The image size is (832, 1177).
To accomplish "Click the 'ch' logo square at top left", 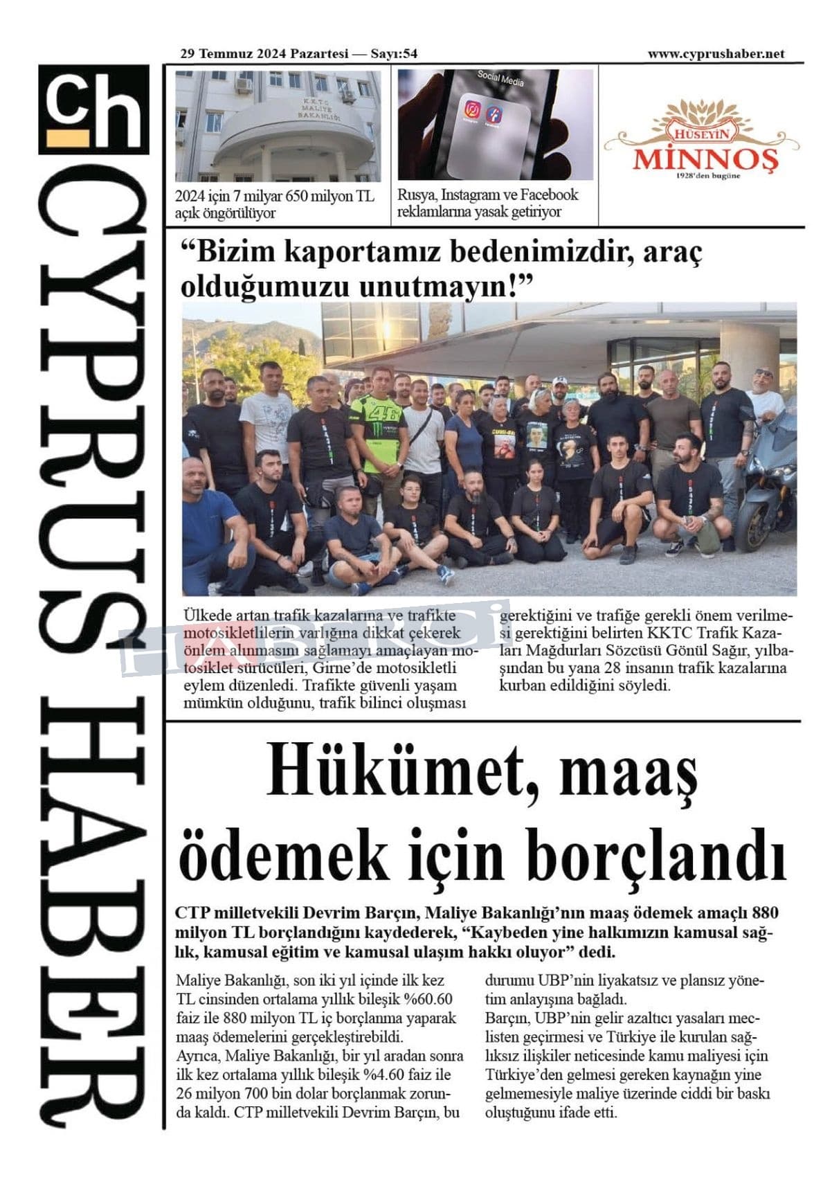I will click(x=93, y=109).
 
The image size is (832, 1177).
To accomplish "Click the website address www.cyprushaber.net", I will click(x=716, y=54).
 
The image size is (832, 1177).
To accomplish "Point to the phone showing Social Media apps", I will click(x=495, y=125).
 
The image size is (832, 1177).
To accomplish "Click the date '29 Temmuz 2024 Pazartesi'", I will click(x=270, y=54).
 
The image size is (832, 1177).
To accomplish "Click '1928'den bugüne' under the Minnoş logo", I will click(x=708, y=176).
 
